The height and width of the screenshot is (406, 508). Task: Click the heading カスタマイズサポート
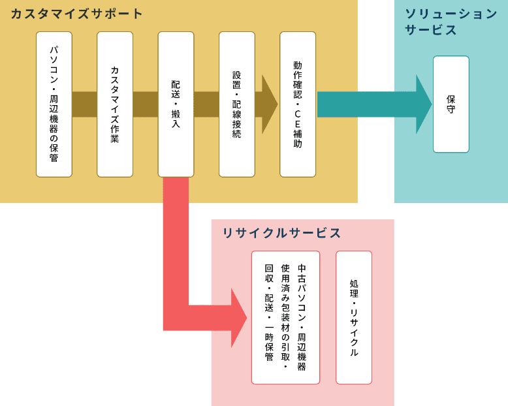pos(77,14)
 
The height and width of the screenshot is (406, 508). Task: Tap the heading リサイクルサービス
pos(281,233)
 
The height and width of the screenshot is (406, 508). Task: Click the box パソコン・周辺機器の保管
pos(54,104)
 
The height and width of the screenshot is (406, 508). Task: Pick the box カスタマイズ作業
pos(115,104)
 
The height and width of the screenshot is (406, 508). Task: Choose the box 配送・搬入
pos(176,104)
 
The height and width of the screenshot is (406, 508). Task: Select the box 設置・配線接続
pos(236,104)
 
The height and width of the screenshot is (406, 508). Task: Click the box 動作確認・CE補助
pos(298,104)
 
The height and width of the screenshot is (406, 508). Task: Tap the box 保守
pos(451,104)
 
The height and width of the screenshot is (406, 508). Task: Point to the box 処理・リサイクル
pos(354,317)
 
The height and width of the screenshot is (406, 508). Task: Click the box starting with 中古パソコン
pos(285,317)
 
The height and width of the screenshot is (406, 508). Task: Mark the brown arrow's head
pos(269,104)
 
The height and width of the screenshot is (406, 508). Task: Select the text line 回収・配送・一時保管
pos(268,313)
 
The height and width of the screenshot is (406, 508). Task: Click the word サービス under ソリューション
pos(430,31)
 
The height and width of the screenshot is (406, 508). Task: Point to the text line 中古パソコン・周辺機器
pos(302,317)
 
